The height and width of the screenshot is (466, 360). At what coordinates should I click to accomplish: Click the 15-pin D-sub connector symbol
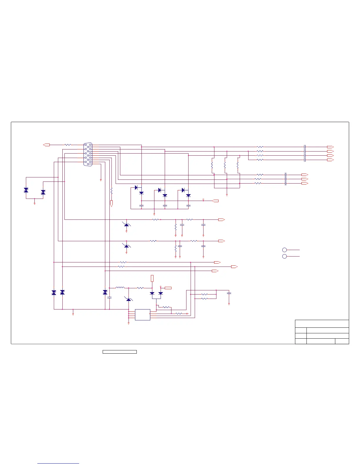[88, 154]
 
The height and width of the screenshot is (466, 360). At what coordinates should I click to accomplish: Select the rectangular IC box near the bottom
[143, 315]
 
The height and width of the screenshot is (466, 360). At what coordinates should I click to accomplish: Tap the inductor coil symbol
[120, 288]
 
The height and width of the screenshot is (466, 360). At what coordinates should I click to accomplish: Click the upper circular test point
[284, 250]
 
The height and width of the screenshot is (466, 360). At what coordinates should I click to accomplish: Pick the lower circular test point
[284, 257]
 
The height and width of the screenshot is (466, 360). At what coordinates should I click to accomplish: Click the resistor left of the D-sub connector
[68, 145]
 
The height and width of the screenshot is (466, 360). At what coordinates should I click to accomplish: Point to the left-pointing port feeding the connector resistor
[46, 145]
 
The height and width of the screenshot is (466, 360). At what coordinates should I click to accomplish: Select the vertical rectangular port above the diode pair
[152, 278]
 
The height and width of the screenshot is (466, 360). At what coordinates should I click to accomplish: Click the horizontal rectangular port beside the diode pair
[168, 288]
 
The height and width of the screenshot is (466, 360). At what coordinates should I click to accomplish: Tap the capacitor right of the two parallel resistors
[229, 293]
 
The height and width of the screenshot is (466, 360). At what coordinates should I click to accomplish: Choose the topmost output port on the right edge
[330, 147]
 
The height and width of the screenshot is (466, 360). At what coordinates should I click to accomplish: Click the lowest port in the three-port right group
[305, 183]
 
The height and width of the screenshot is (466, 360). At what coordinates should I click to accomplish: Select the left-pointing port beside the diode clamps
[215, 201]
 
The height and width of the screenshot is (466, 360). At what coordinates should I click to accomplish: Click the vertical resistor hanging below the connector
[111, 191]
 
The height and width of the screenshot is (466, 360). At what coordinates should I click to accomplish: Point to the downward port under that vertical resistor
[111, 203]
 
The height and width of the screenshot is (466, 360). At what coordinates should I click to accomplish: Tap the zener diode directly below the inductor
[129, 299]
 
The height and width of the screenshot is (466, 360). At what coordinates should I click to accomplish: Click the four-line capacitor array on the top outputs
[305, 153]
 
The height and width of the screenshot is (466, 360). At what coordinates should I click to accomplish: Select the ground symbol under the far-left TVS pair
[34, 203]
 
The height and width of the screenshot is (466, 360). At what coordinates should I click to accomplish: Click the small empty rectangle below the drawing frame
[120, 352]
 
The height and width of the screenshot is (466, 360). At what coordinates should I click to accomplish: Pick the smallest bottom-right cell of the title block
[342, 341]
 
